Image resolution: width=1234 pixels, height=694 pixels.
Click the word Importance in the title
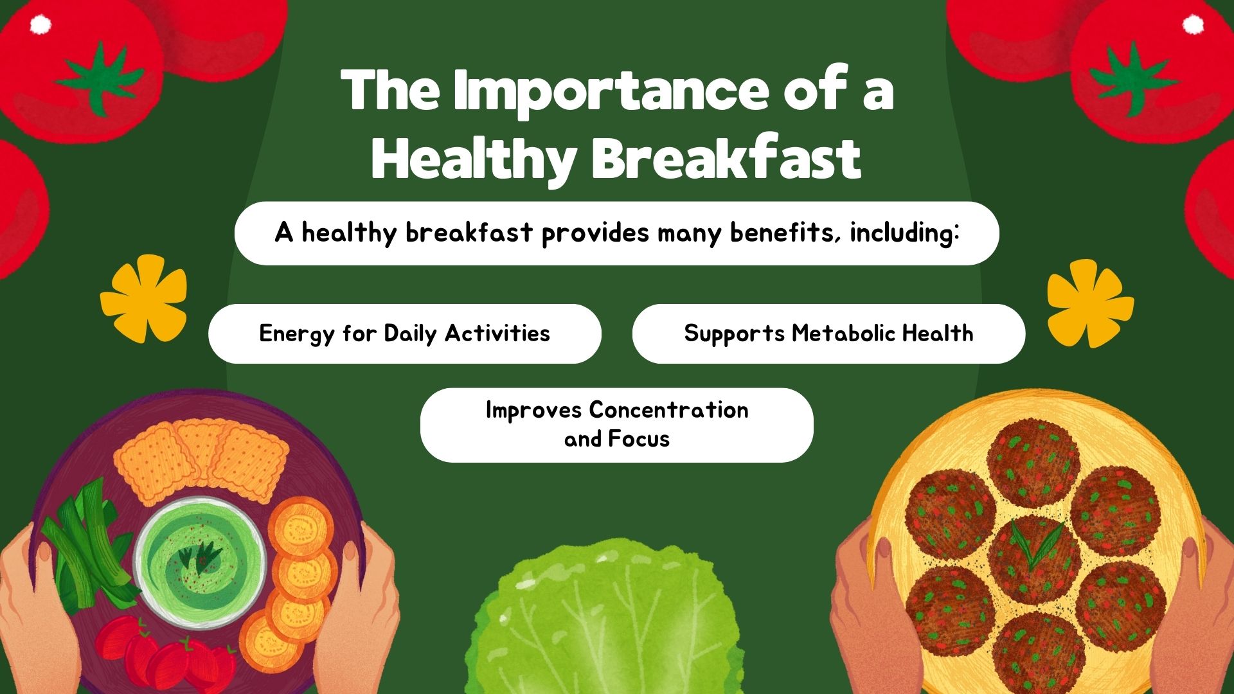pos(611,91)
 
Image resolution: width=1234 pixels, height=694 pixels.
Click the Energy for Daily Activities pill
pos(405,334)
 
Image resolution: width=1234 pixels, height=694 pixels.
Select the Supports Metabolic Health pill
pos(828,334)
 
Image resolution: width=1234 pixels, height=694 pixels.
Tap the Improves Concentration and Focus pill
pos(617,425)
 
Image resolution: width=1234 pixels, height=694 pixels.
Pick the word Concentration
pos(668,409)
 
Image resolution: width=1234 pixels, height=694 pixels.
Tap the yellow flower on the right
pos(1090,303)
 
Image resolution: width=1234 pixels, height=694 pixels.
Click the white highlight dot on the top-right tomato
pos(1194,24)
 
